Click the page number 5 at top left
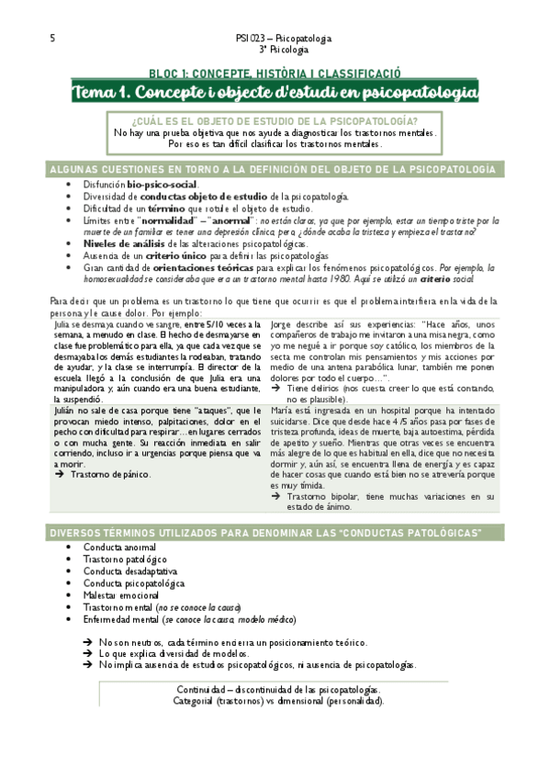point(52,39)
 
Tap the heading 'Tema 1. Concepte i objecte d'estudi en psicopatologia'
point(275,92)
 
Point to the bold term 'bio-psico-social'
point(163,185)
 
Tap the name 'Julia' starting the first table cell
point(62,323)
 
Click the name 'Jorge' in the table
point(285,323)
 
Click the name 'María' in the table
point(286,411)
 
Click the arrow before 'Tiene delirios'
point(278,389)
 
